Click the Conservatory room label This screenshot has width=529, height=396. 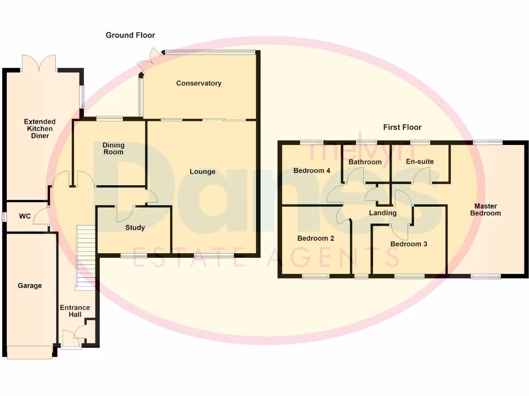click(198, 83)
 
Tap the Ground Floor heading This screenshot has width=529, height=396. click(130, 35)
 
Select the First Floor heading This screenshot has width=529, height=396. click(402, 127)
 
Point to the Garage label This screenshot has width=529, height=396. click(29, 286)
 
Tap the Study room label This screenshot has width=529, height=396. click(135, 227)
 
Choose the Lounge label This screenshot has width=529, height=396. click(202, 172)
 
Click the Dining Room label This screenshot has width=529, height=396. click(113, 148)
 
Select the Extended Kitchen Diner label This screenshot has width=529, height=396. click(40, 129)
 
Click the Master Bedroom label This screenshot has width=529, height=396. click(485, 209)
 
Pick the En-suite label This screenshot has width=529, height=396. click(420, 161)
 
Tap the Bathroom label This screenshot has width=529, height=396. click(365, 162)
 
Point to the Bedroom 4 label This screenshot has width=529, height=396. click(312, 171)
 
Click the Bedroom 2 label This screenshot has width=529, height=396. click(316, 238)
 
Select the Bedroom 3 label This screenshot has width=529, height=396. click(409, 244)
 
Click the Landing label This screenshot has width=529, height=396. click(383, 212)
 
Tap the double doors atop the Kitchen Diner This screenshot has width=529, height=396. click(39, 62)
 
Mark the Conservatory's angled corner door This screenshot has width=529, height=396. click(148, 58)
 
